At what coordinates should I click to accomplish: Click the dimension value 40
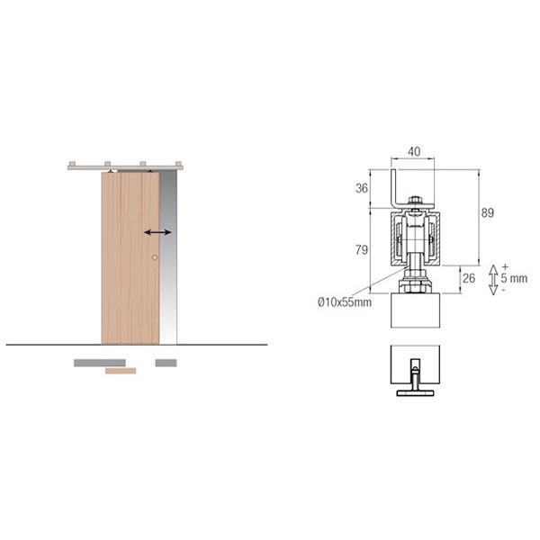click(x=414, y=151)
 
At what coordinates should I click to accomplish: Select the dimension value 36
click(x=362, y=188)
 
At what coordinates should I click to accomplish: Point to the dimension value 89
click(x=488, y=212)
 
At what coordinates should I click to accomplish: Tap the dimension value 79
click(x=362, y=249)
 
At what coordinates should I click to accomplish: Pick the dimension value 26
click(x=469, y=278)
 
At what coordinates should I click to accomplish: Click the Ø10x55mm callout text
click(x=345, y=302)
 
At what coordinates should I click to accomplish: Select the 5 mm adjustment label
click(x=514, y=278)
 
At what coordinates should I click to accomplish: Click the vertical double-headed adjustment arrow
click(x=493, y=280)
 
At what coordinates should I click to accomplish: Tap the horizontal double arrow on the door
click(x=157, y=232)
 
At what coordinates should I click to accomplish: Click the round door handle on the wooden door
click(x=155, y=257)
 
